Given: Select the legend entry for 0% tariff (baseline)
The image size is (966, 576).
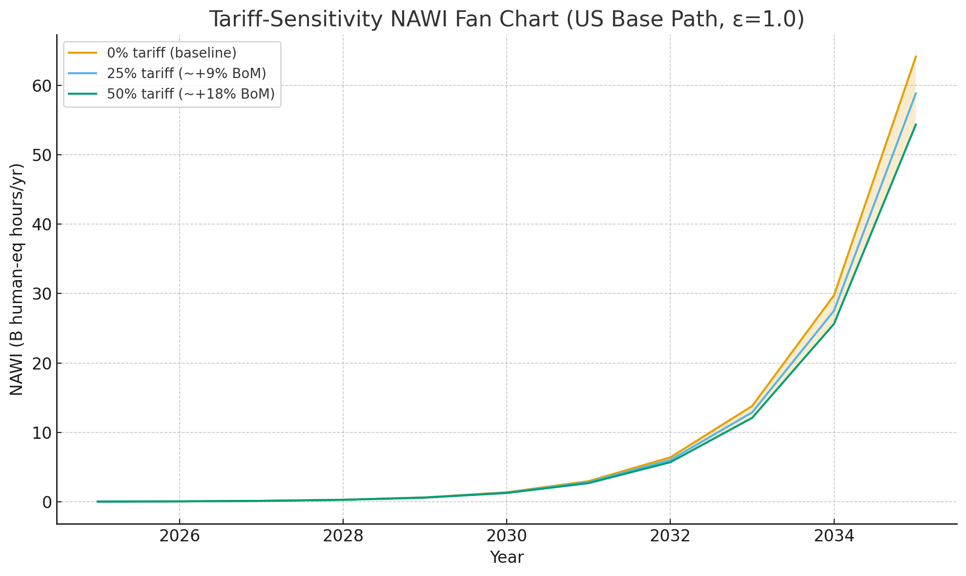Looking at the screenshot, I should (x=171, y=52).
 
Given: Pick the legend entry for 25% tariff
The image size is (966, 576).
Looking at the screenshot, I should (x=186, y=73).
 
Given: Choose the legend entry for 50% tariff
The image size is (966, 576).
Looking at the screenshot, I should (x=190, y=94).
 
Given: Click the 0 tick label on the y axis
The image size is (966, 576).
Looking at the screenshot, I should (x=46, y=502).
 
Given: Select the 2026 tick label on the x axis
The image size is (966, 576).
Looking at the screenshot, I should (x=180, y=536).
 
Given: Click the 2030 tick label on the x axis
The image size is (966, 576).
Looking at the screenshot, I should (x=507, y=536).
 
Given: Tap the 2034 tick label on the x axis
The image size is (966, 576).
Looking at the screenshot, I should (x=834, y=536).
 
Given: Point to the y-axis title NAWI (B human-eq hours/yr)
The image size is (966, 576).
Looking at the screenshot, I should (x=17, y=279).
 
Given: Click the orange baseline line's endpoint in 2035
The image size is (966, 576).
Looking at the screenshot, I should (x=915, y=57).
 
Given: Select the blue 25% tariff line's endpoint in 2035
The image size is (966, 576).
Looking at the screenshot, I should (x=915, y=93).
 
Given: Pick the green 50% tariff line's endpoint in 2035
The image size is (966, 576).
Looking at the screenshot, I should (x=915, y=124).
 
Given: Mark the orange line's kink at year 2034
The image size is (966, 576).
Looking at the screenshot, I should (x=834, y=295).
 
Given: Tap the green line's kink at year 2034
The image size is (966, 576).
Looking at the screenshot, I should (x=834, y=324).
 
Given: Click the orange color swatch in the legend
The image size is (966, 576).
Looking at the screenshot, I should (x=82, y=52).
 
